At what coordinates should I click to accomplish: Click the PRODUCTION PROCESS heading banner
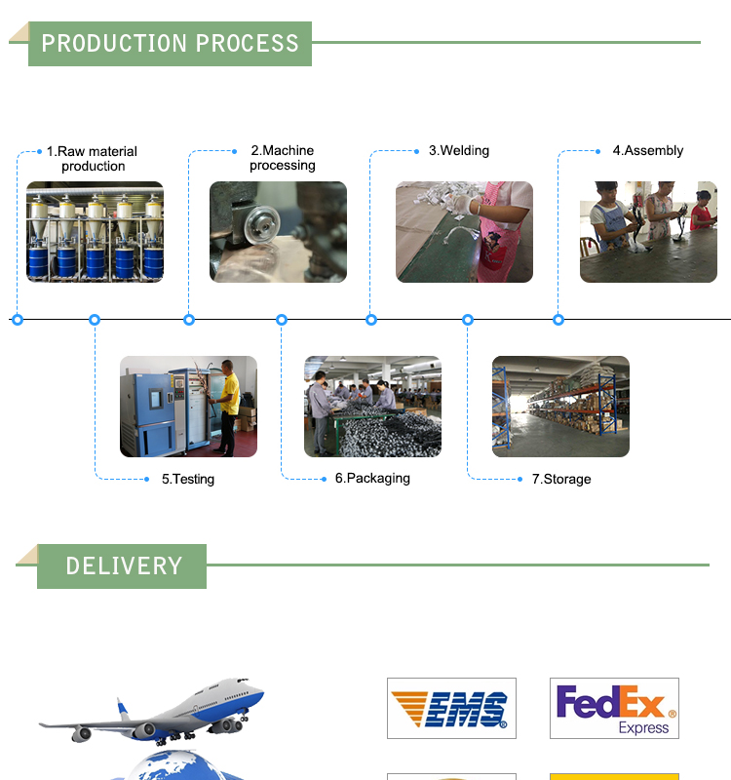click(x=170, y=43)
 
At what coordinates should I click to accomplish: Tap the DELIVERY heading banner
click(x=123, y=565)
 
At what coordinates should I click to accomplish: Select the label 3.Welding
click(x=458, y=150)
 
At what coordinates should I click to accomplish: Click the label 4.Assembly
click(x=647, y=150)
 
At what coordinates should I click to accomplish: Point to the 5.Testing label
click(x=187, y=479)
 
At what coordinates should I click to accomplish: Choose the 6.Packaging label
click(x=372, y=478)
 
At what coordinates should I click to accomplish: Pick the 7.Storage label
click(x=560, y=479)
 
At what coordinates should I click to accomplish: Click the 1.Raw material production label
click(x=93, y=158)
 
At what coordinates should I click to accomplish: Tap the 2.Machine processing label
click(x=282, y=157)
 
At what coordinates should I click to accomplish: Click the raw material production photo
click(x=95, y=232)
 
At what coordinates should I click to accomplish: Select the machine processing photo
click(x=278, y=232)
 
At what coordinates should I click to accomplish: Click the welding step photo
click(x=464, y=232)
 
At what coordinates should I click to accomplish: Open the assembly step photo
click(x=648, y=232)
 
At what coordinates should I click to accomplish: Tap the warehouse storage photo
click(x=560, y=407)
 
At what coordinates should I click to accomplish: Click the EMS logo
click(x=451, y=708)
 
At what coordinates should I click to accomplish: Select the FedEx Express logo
click(x=614, y=708)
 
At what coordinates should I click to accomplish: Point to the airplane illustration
click(x=156, y=712)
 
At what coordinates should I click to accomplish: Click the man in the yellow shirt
click(x=228, y=405)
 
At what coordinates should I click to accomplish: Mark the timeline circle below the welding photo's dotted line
click(x=371, y=319)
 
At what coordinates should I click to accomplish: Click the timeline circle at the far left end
click(x=17, y=319)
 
